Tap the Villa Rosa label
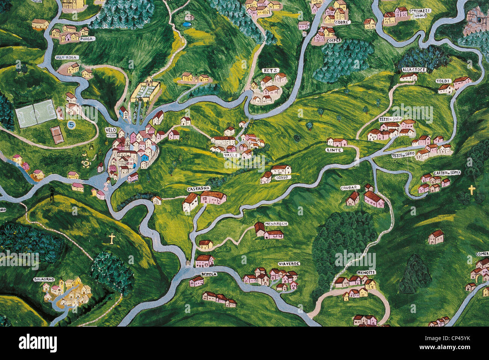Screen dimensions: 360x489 coord(64,57)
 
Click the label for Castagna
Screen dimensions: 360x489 coord(198,188)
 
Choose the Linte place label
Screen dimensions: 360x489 coord(334,150)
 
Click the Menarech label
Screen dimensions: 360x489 coord(276,224)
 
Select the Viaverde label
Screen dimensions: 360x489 coord(289,264)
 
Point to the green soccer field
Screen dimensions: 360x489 coord(36,113)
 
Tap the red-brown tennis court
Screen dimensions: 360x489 coord(57,135)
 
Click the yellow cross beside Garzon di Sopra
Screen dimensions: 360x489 coord(472,189)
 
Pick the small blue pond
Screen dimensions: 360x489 coord(186,24)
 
